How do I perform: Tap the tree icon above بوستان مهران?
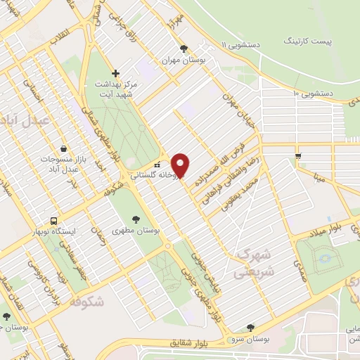point(184,49)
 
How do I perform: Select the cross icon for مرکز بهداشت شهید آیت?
point(116,72)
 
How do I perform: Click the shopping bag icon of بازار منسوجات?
point(64,149)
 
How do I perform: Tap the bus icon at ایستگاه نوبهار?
point(56,219)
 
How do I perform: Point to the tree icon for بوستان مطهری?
point(135,219)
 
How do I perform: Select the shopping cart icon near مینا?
point(298,155)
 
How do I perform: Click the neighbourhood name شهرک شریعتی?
point(257,262)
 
